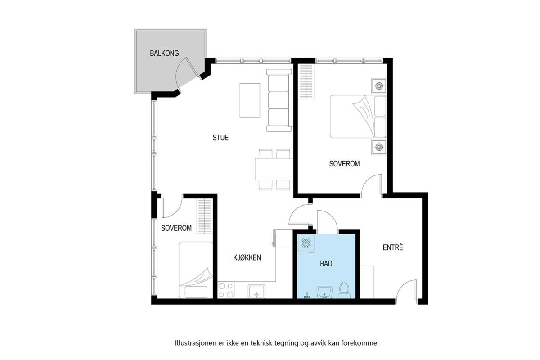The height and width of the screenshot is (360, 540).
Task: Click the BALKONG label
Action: click(164, 53)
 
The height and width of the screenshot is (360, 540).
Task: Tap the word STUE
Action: click(220, 138)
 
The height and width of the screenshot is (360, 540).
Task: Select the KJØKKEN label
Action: click(247, 257)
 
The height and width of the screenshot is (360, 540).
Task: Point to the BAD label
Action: click(326, 264)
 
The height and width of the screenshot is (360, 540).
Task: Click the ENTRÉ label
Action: click(393, 247)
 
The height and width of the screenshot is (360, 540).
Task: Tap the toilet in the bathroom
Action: click(344, 290)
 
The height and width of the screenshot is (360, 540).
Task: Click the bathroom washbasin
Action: click(325, 292)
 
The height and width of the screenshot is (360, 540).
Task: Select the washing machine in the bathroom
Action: click(306, 243)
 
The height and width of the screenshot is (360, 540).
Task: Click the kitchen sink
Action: click(257, 291)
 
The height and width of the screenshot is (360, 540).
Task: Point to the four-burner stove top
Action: click(226, 290)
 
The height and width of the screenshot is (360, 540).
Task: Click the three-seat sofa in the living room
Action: click(279, 100)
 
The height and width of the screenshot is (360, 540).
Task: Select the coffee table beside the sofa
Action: click(250, 100)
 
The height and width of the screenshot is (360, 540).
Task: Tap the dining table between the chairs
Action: click(274, 169)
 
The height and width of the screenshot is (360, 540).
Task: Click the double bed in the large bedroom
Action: click(358, 117)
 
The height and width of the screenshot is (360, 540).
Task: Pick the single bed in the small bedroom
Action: click(196, 270)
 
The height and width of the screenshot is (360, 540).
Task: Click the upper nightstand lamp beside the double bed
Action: click(379, 86)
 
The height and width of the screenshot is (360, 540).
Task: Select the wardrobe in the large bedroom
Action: click(306, 81)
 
